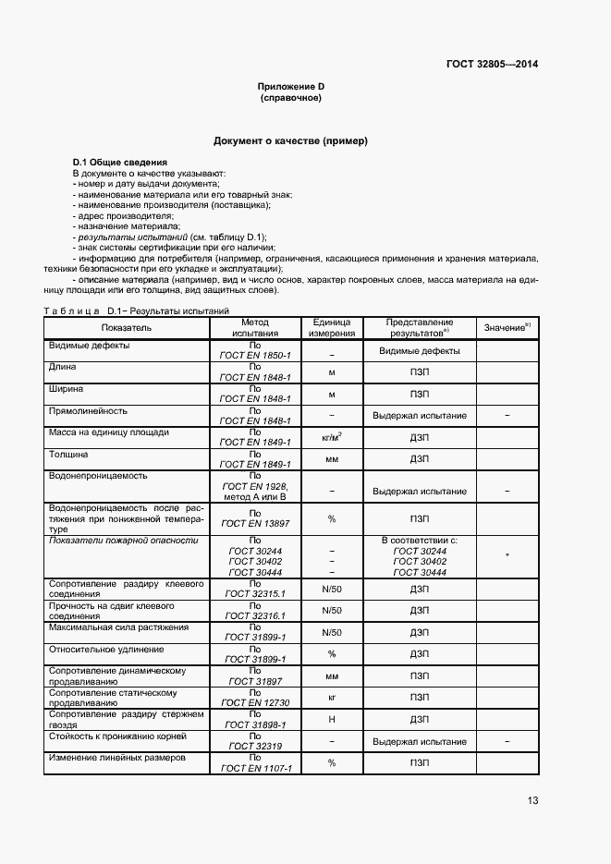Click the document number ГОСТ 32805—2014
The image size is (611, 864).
pyautogui.click(x=493, y=64)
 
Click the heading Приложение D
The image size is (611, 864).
pyautogui.click(x=290, y=86)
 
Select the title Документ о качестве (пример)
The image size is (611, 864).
pyautogui.click(x=290, y=141)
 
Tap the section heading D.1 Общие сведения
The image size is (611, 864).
pyautogui.click(x=113, y=163)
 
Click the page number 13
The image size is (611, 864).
pyautogui.click(x=532, y=800)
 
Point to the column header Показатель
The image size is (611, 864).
pyautogui.click(x=127, y=326)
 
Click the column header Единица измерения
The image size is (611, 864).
pyautogui.click(x=331, y=326)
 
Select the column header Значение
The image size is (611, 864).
pyautogui.click(x=507, y=327)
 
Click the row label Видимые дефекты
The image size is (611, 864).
pyautogui.click(x=89, y=345)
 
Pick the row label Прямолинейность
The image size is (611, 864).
pyautogui.click(x=89, y=409)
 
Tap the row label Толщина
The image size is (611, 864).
pyautogui.click(x=68, y=454)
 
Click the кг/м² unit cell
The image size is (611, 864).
pyautogui.click(x=331, y=437)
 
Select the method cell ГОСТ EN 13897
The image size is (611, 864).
pyautogui.click(x=255, y=524)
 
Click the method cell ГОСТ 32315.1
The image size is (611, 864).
pyautogui.click(x=255, y=594)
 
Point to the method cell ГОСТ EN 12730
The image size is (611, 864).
pyautogui.click(x=255, y=702)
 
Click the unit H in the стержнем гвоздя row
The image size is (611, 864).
pyautogui.click(x=331, y=718)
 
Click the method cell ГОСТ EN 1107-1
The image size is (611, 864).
pyautogui.click(x=255, y=768)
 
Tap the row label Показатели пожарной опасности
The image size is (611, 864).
pyautogui.click(x=123, y=540)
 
